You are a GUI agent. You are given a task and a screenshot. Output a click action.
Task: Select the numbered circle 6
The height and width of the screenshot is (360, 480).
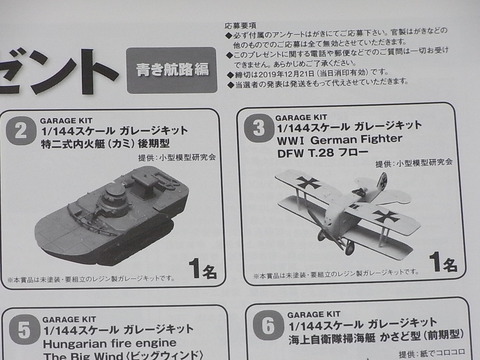click(x=266, y=326)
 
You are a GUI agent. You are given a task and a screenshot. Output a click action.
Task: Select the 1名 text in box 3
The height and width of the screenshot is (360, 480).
click(x=442, y=263)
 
